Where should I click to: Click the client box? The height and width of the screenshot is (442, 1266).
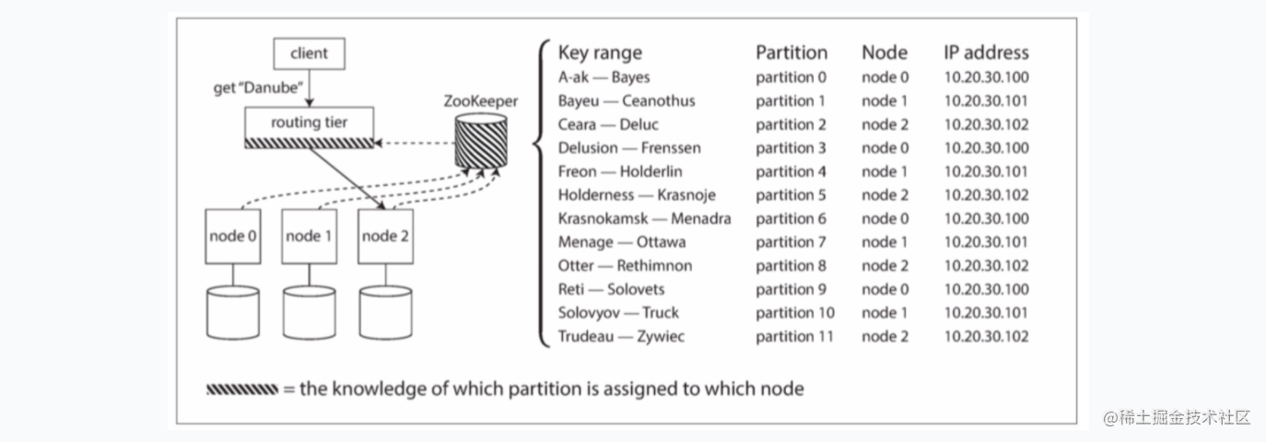(x=310, y=53)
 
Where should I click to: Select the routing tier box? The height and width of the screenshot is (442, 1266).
(x=310, y=128)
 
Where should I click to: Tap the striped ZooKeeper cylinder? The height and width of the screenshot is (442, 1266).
(x=481, y=142)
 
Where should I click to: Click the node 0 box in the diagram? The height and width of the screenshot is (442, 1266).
(x=233, y=237)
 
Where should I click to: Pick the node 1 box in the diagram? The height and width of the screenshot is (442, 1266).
(x=310, y=237)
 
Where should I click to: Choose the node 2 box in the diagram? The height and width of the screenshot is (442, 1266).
(x=385, y=237)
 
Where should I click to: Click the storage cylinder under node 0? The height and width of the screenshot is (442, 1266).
(x=233, y=313)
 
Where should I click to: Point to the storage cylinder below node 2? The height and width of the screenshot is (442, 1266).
(x=385, y=313)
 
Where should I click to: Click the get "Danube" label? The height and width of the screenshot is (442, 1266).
(x=258, y=88)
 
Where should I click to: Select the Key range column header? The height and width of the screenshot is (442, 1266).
(x=600, y=52)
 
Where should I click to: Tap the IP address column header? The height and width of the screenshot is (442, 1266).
(x=986, y=52)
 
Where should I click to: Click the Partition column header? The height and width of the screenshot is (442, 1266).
(x=791, y=52)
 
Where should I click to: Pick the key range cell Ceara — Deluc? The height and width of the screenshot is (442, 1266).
(x=608, y=124)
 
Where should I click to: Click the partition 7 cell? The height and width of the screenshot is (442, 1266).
(x=791, y=242)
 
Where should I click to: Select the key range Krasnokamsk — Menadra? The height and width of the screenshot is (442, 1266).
(x=644, y=218)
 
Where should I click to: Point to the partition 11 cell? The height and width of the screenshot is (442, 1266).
(x=794, y=336)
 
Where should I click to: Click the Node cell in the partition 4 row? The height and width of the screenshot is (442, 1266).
(x=885, y=171)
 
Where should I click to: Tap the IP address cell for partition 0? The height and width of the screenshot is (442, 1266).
(x=986, y=77)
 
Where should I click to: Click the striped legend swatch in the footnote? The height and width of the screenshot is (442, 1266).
(x=242, y=390)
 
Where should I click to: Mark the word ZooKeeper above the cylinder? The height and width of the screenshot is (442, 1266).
(x=480, y=101)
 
